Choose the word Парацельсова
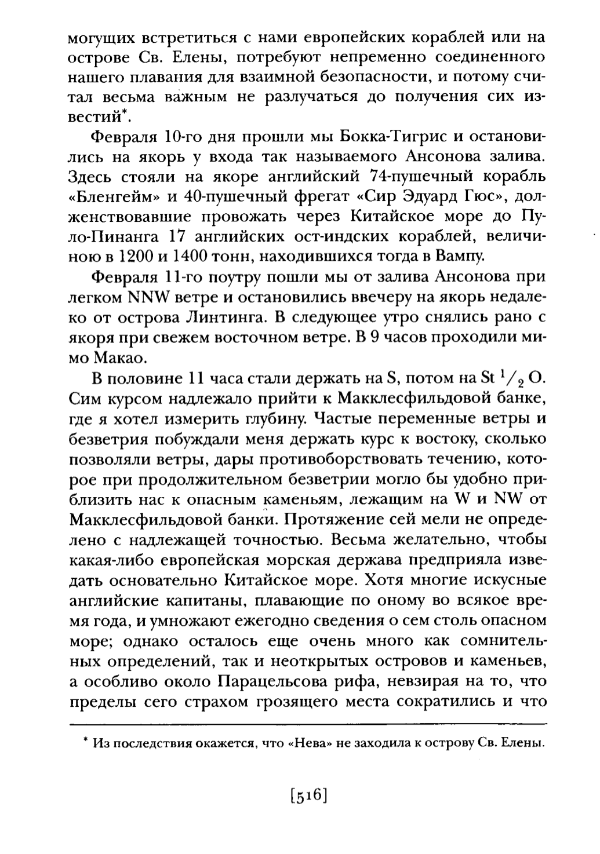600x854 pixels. [x=252, y=682]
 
